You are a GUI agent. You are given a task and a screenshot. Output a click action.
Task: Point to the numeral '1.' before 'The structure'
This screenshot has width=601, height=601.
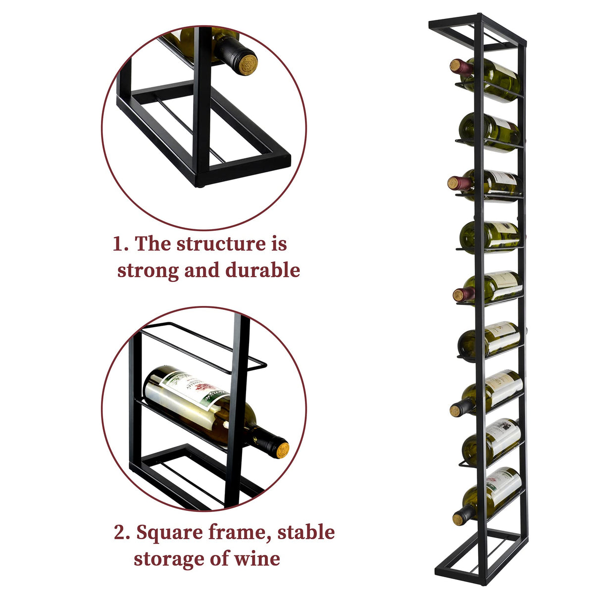click(x=121, y=244)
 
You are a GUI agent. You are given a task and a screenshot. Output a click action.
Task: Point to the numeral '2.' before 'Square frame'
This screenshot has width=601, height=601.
click(x=122, y=533)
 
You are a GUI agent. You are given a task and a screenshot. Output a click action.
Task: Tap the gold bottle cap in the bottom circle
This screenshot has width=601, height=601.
click(x=282, y=450)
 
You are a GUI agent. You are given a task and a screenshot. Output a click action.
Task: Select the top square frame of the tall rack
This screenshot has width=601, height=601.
click(x=478, y=32)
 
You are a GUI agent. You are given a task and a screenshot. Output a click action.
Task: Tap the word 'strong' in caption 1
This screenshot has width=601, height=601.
click(x=148, y=270)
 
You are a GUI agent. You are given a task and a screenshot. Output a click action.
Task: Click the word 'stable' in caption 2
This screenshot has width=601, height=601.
click(x=305, y=533)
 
